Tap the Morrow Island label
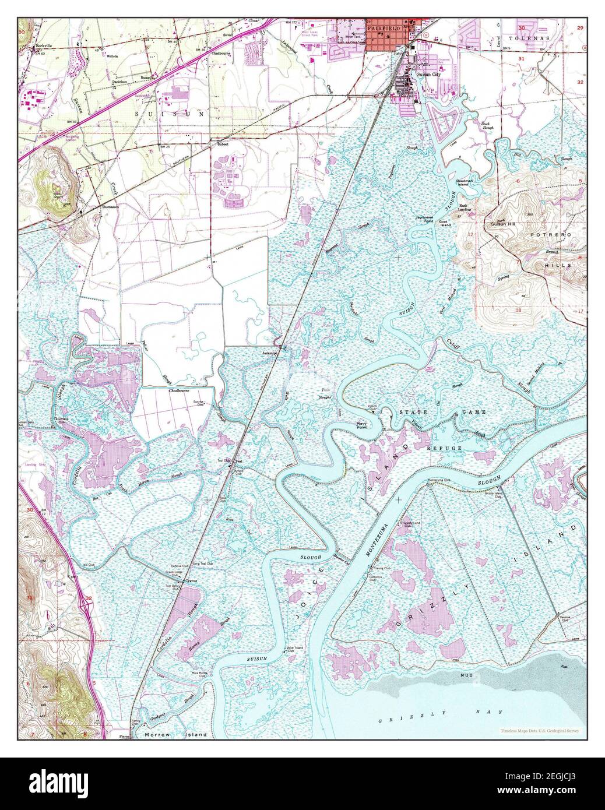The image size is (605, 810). coord(175,735)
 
